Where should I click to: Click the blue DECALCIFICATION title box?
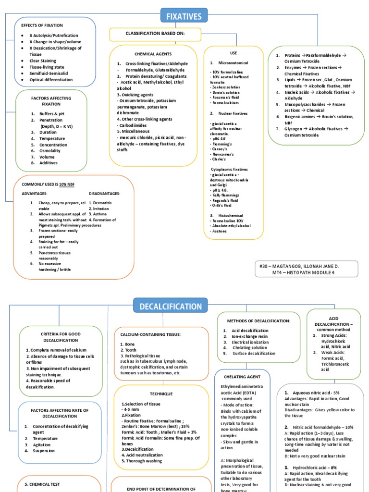(171, 306)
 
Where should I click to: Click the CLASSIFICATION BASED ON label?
(155, 35)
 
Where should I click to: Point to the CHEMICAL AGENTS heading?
(153, 54)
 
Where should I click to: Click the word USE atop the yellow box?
(234, 53)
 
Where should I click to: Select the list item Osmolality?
(49, 151)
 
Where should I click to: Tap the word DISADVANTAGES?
(104, 193)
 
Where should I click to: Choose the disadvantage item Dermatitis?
(102, 203)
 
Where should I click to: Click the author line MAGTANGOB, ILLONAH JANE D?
(299, 265)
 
